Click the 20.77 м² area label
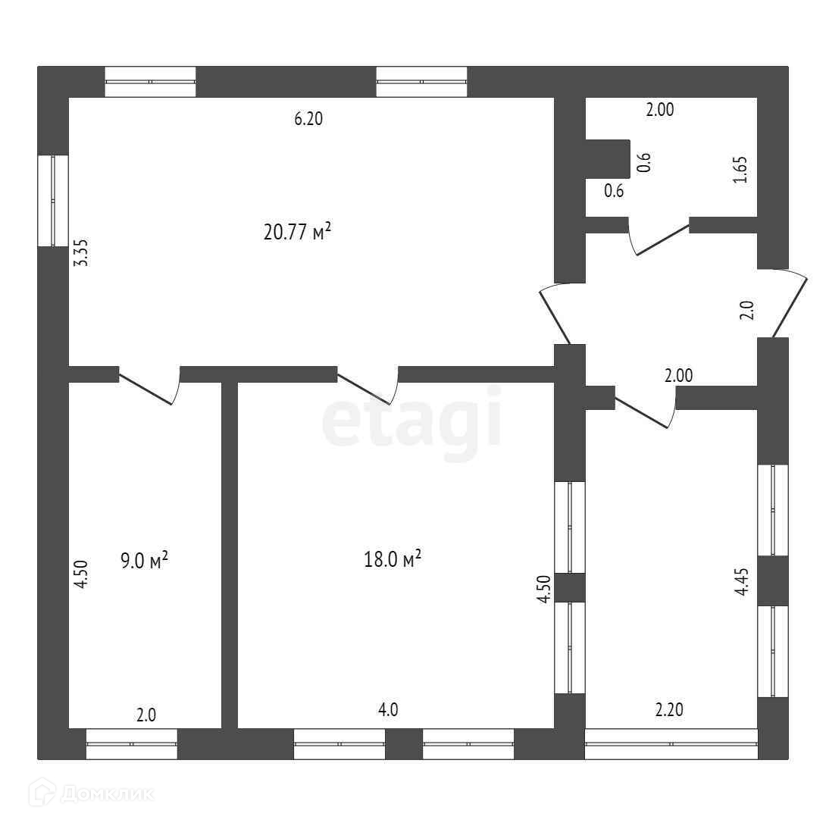[297, 231]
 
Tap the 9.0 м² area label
[144, 560]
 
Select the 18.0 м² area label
[393, 559]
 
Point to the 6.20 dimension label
[308, 118]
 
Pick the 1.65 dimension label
[740, 170]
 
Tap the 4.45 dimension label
[742, 581]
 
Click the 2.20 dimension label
[669, 709]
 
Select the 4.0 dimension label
[388, 709]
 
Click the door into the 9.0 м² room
[150, 385]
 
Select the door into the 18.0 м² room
[368, 385]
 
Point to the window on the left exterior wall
[53, 201]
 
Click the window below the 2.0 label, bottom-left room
[132, 744]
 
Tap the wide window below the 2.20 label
[671, 744]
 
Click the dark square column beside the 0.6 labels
[608, 158]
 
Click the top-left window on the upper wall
[150, 82]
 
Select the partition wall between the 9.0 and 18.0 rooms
[229, 555]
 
